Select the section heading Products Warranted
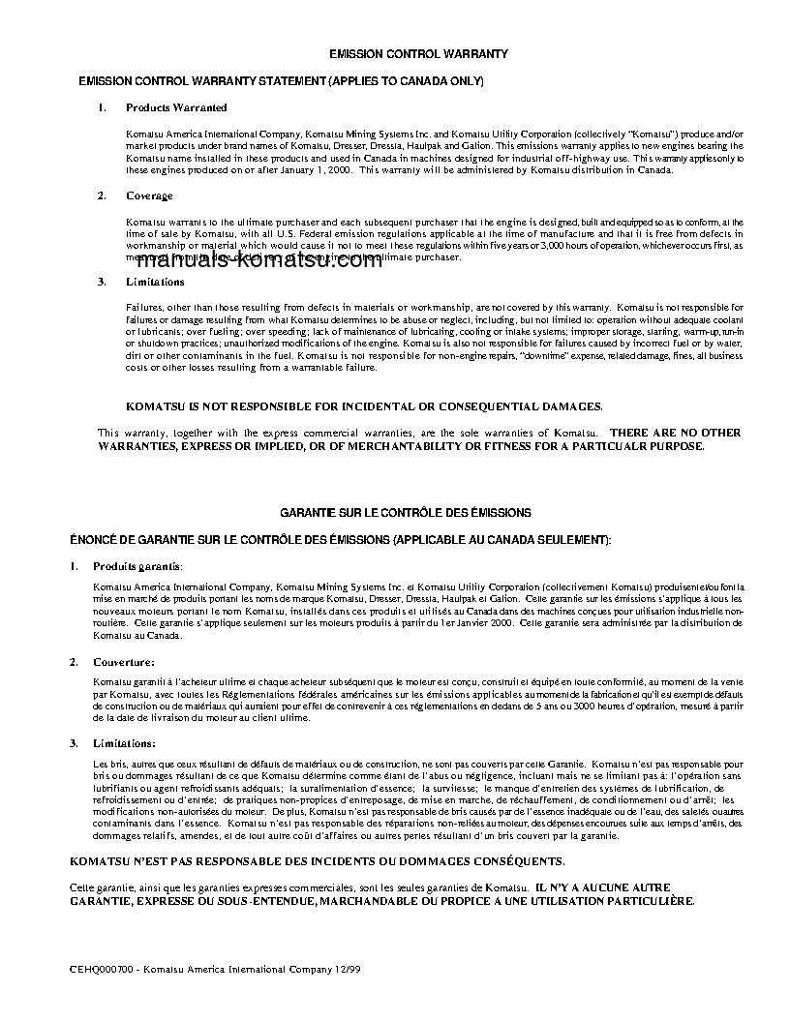pos(176,107)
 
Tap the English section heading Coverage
pos(149,195)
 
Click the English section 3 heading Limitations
pos(155,282)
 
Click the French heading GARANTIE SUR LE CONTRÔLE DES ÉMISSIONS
pos(405,512)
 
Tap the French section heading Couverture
pos(123,662)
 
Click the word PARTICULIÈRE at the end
pos(649,900)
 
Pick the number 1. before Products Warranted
pos(102,107)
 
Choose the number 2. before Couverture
pos(74,662)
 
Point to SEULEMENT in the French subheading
pos(562,538)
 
